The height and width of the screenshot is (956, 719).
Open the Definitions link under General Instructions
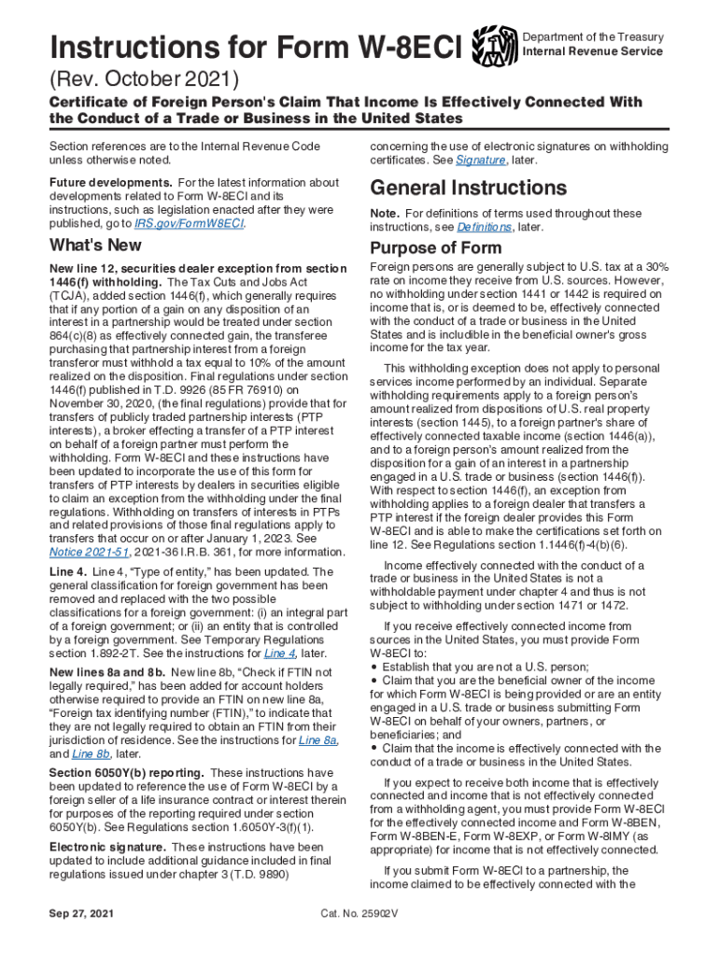[484, 227]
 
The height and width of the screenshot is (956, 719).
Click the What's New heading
[95, 246]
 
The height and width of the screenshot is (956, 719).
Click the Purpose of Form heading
[435, 248]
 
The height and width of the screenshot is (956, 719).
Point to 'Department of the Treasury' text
[593, 36]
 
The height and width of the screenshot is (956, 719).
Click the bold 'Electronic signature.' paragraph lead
[105, 848]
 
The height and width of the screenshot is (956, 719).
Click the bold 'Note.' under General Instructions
[385, 214]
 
